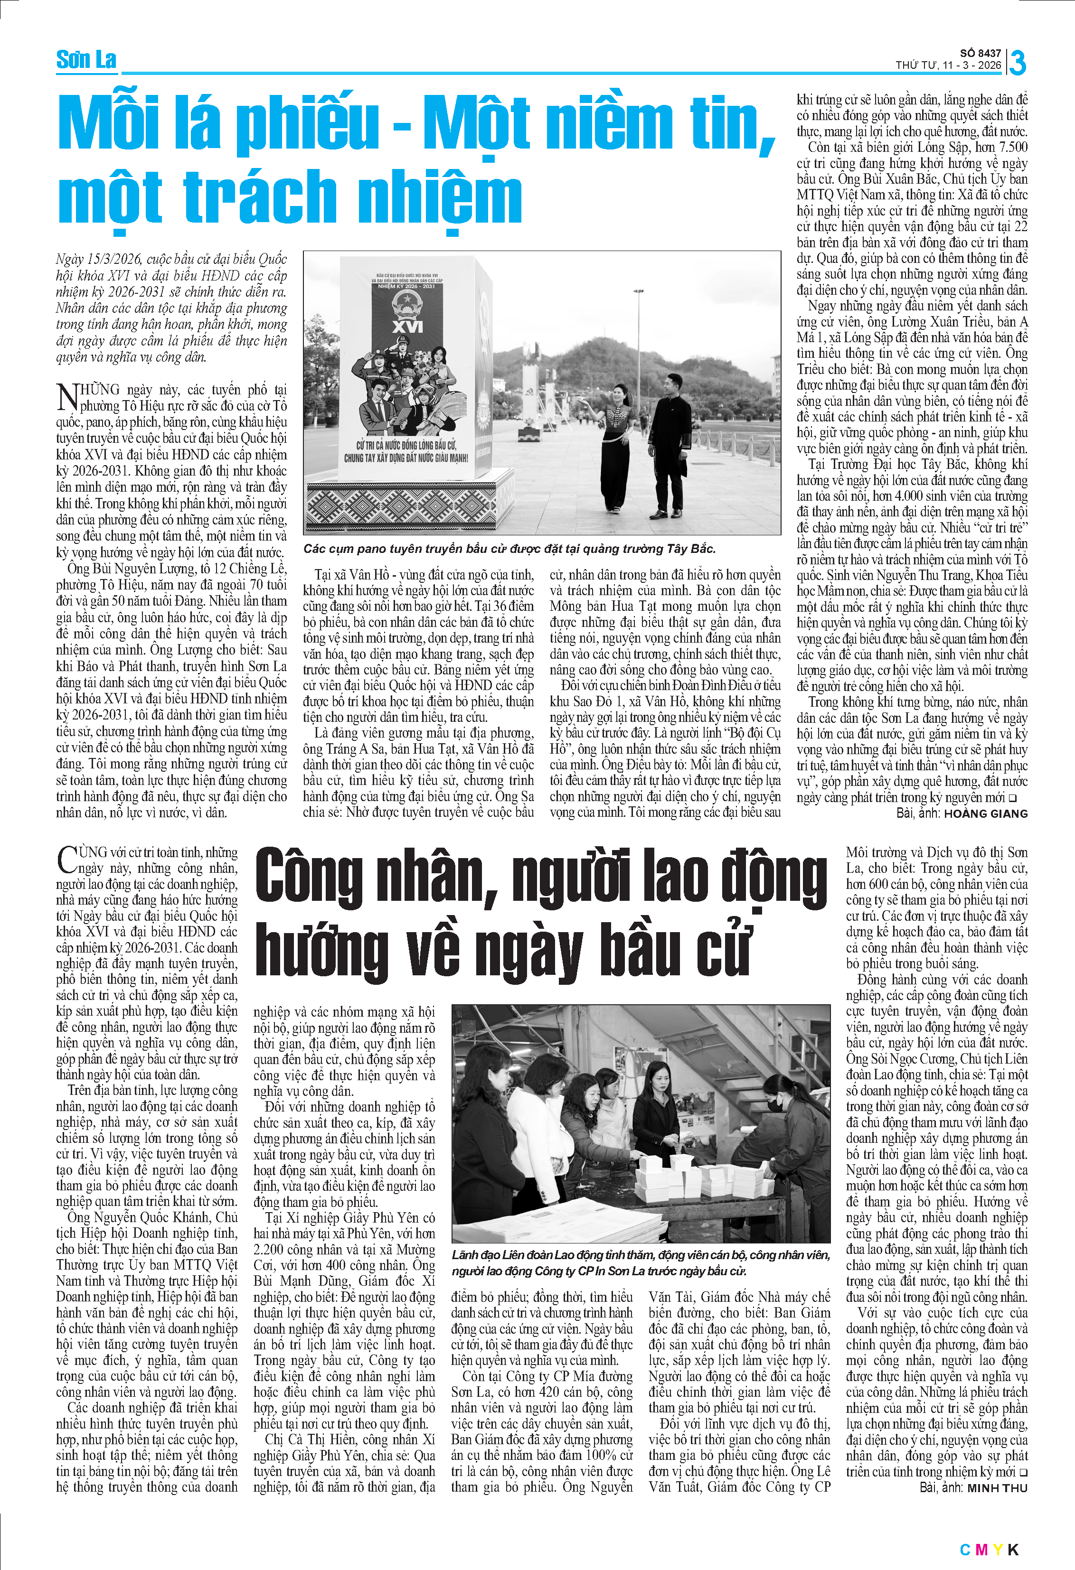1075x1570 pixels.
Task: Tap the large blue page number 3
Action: point(1017,63)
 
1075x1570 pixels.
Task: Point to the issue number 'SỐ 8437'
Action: point(981,53)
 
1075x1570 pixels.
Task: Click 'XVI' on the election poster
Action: point(407,327)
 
